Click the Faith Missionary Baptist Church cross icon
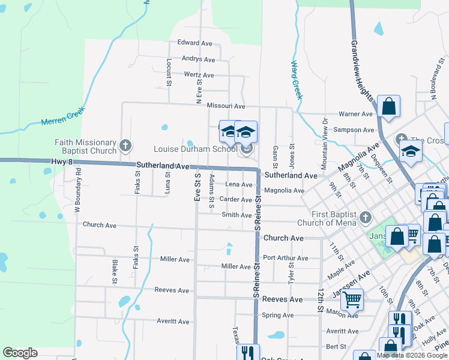pos(125,145)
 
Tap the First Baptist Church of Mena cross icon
pos(364,217)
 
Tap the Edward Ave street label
pos(195,43)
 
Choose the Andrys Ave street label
pos(198,59)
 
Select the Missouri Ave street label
pos(226,106)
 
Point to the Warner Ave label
pos(356,114)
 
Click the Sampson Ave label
pos(354,130)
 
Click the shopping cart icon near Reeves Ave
pos(352,298)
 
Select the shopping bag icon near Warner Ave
pos(388,106)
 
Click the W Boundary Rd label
pos(77,192)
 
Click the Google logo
pos(20,353)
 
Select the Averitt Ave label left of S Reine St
pos(174,322)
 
